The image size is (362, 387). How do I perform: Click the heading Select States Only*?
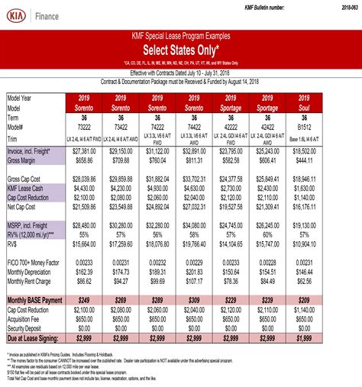tap(181, 50)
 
